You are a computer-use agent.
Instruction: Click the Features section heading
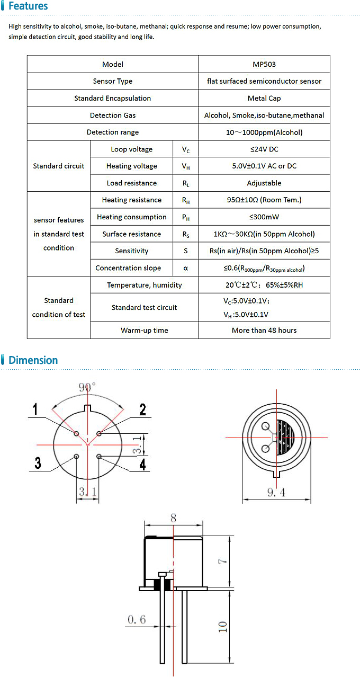[28, 6]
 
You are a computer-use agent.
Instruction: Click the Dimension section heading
[33, 360]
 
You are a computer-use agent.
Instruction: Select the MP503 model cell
[264, 64]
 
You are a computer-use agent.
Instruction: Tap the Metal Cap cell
[264, 98]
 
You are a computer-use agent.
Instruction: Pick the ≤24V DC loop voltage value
[264, 149]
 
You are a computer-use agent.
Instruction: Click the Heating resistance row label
[132, 200]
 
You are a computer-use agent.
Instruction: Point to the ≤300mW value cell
[264, 217]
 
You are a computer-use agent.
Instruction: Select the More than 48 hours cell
[264, 330]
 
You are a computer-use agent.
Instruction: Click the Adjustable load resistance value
[264, 183]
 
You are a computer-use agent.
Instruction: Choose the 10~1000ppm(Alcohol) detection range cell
[264, 132]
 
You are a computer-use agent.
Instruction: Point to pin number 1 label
[35, 409]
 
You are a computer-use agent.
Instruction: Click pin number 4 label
[142, 465]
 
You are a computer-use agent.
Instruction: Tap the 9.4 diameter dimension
[276, 493]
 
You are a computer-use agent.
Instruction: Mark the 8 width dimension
[174, 518]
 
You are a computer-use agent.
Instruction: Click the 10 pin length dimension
[223, 626]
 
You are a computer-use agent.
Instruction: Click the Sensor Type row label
[113, 81]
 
